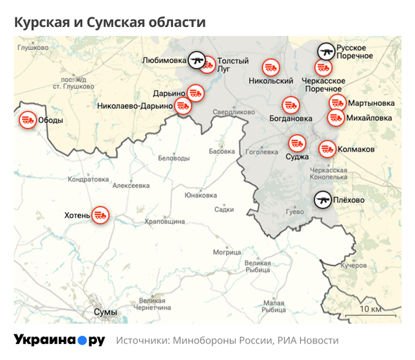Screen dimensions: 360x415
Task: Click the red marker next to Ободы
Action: click(28, 120)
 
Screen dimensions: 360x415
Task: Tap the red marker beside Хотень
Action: click(101, 215)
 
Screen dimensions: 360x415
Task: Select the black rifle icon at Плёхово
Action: click(323, 200)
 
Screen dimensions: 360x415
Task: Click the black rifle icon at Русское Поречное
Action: click(326, 51)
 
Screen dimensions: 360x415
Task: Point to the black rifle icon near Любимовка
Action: click(197, 60)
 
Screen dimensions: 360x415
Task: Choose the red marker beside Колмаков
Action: click(326, 148)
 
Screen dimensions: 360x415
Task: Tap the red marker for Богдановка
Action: click(291, 105)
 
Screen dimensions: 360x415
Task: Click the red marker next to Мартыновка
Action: click(337, 103)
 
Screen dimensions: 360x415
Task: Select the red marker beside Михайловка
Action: click(335, 118)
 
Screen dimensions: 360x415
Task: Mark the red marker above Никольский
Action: click(270, 68)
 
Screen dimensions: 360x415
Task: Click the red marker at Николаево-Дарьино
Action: click(183, 106)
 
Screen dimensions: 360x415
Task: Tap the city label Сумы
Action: click(105, 312)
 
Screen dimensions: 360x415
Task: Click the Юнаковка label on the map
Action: click(201, 195)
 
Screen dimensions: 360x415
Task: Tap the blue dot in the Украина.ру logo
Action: click(80, 341)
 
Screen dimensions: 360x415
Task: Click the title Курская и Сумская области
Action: click(110, 22)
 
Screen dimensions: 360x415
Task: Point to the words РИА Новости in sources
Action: click(308, 341)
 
